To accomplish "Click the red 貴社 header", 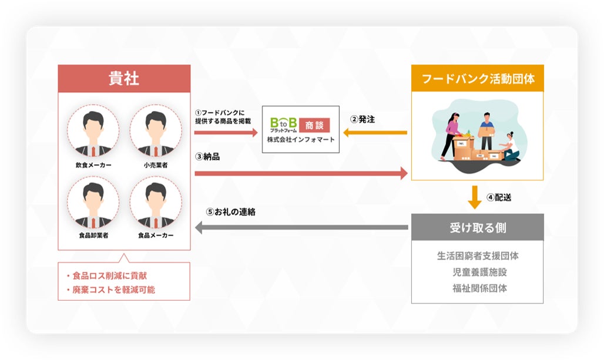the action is point(124,79).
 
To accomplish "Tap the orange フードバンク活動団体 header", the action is point(477,79).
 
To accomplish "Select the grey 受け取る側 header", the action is point(477,227).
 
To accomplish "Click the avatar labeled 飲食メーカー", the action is point(93,130).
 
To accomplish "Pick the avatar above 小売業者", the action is point(156,130).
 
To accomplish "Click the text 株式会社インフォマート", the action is point(300,140).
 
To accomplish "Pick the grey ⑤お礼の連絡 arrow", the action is point(301,227).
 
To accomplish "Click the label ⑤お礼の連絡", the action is point(230,211).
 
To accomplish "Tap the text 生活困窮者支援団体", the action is point(477,256).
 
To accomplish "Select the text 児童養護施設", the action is point(477,272).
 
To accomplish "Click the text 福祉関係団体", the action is point(477,288).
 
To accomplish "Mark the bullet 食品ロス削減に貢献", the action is point(110,275).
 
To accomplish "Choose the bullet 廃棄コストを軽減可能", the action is point(113,290).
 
